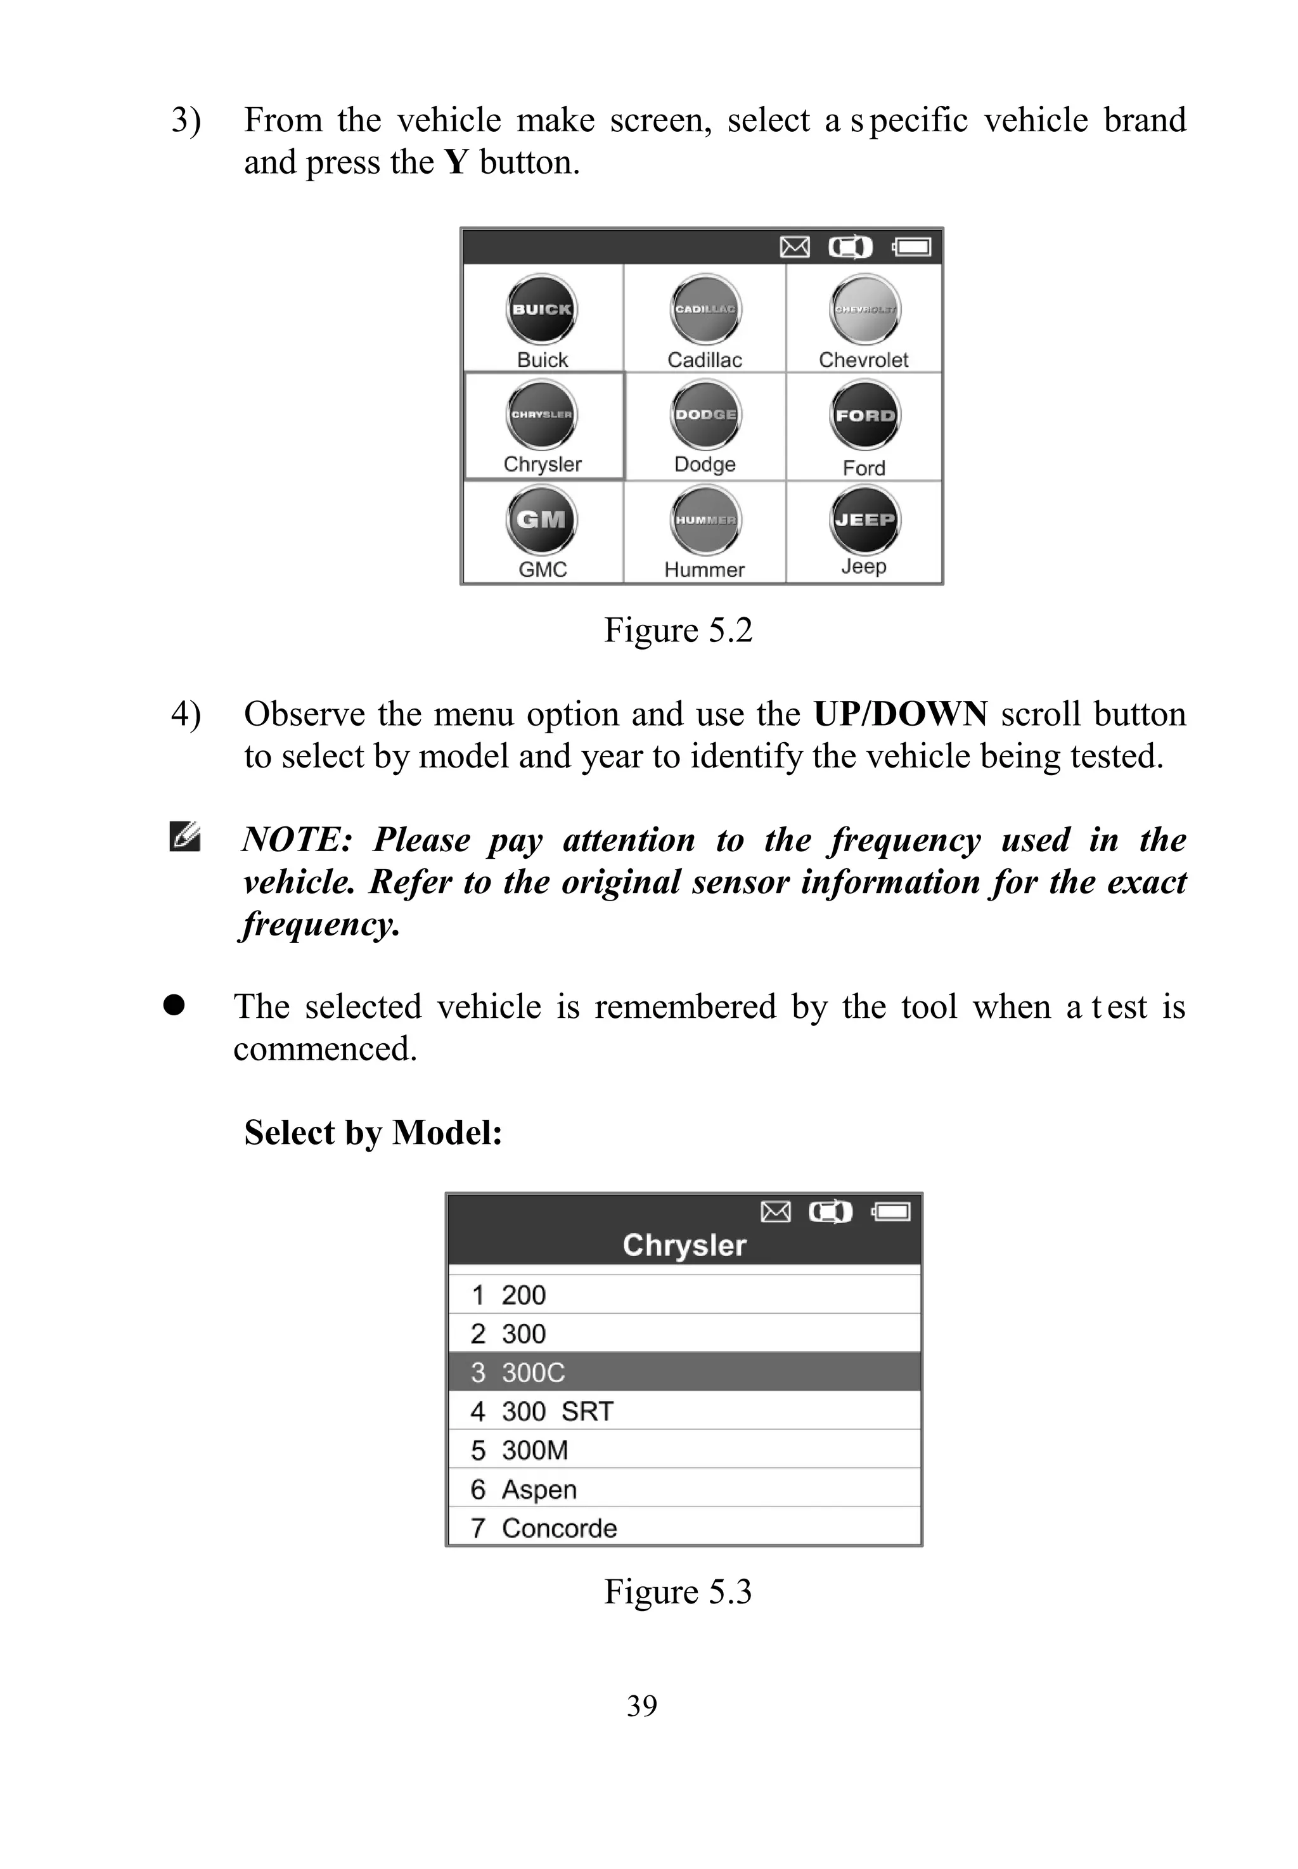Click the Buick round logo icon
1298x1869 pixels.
(542, 310)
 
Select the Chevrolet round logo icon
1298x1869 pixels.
(864, 310)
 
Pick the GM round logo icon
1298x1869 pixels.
(542, 520)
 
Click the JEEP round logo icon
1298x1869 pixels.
(864, 520)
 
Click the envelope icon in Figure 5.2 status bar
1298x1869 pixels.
(795, 247)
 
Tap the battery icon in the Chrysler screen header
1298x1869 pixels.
(891, 1212)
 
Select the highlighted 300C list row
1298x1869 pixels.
(684, 1373)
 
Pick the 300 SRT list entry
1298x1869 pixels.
(556, 1412)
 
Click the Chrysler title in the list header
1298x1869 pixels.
(684, 1246)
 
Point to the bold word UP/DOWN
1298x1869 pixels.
(901, 714)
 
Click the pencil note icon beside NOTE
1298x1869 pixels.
(184, 838)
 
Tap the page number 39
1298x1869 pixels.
(641, 1705)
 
